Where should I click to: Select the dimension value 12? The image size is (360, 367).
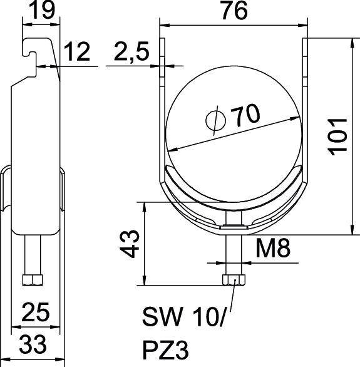click(78, 53)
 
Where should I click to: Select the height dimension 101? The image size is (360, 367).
click(337, 136)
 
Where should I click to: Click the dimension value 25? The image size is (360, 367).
click(36, 311)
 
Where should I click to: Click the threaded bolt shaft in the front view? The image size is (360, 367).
click(233, 254)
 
